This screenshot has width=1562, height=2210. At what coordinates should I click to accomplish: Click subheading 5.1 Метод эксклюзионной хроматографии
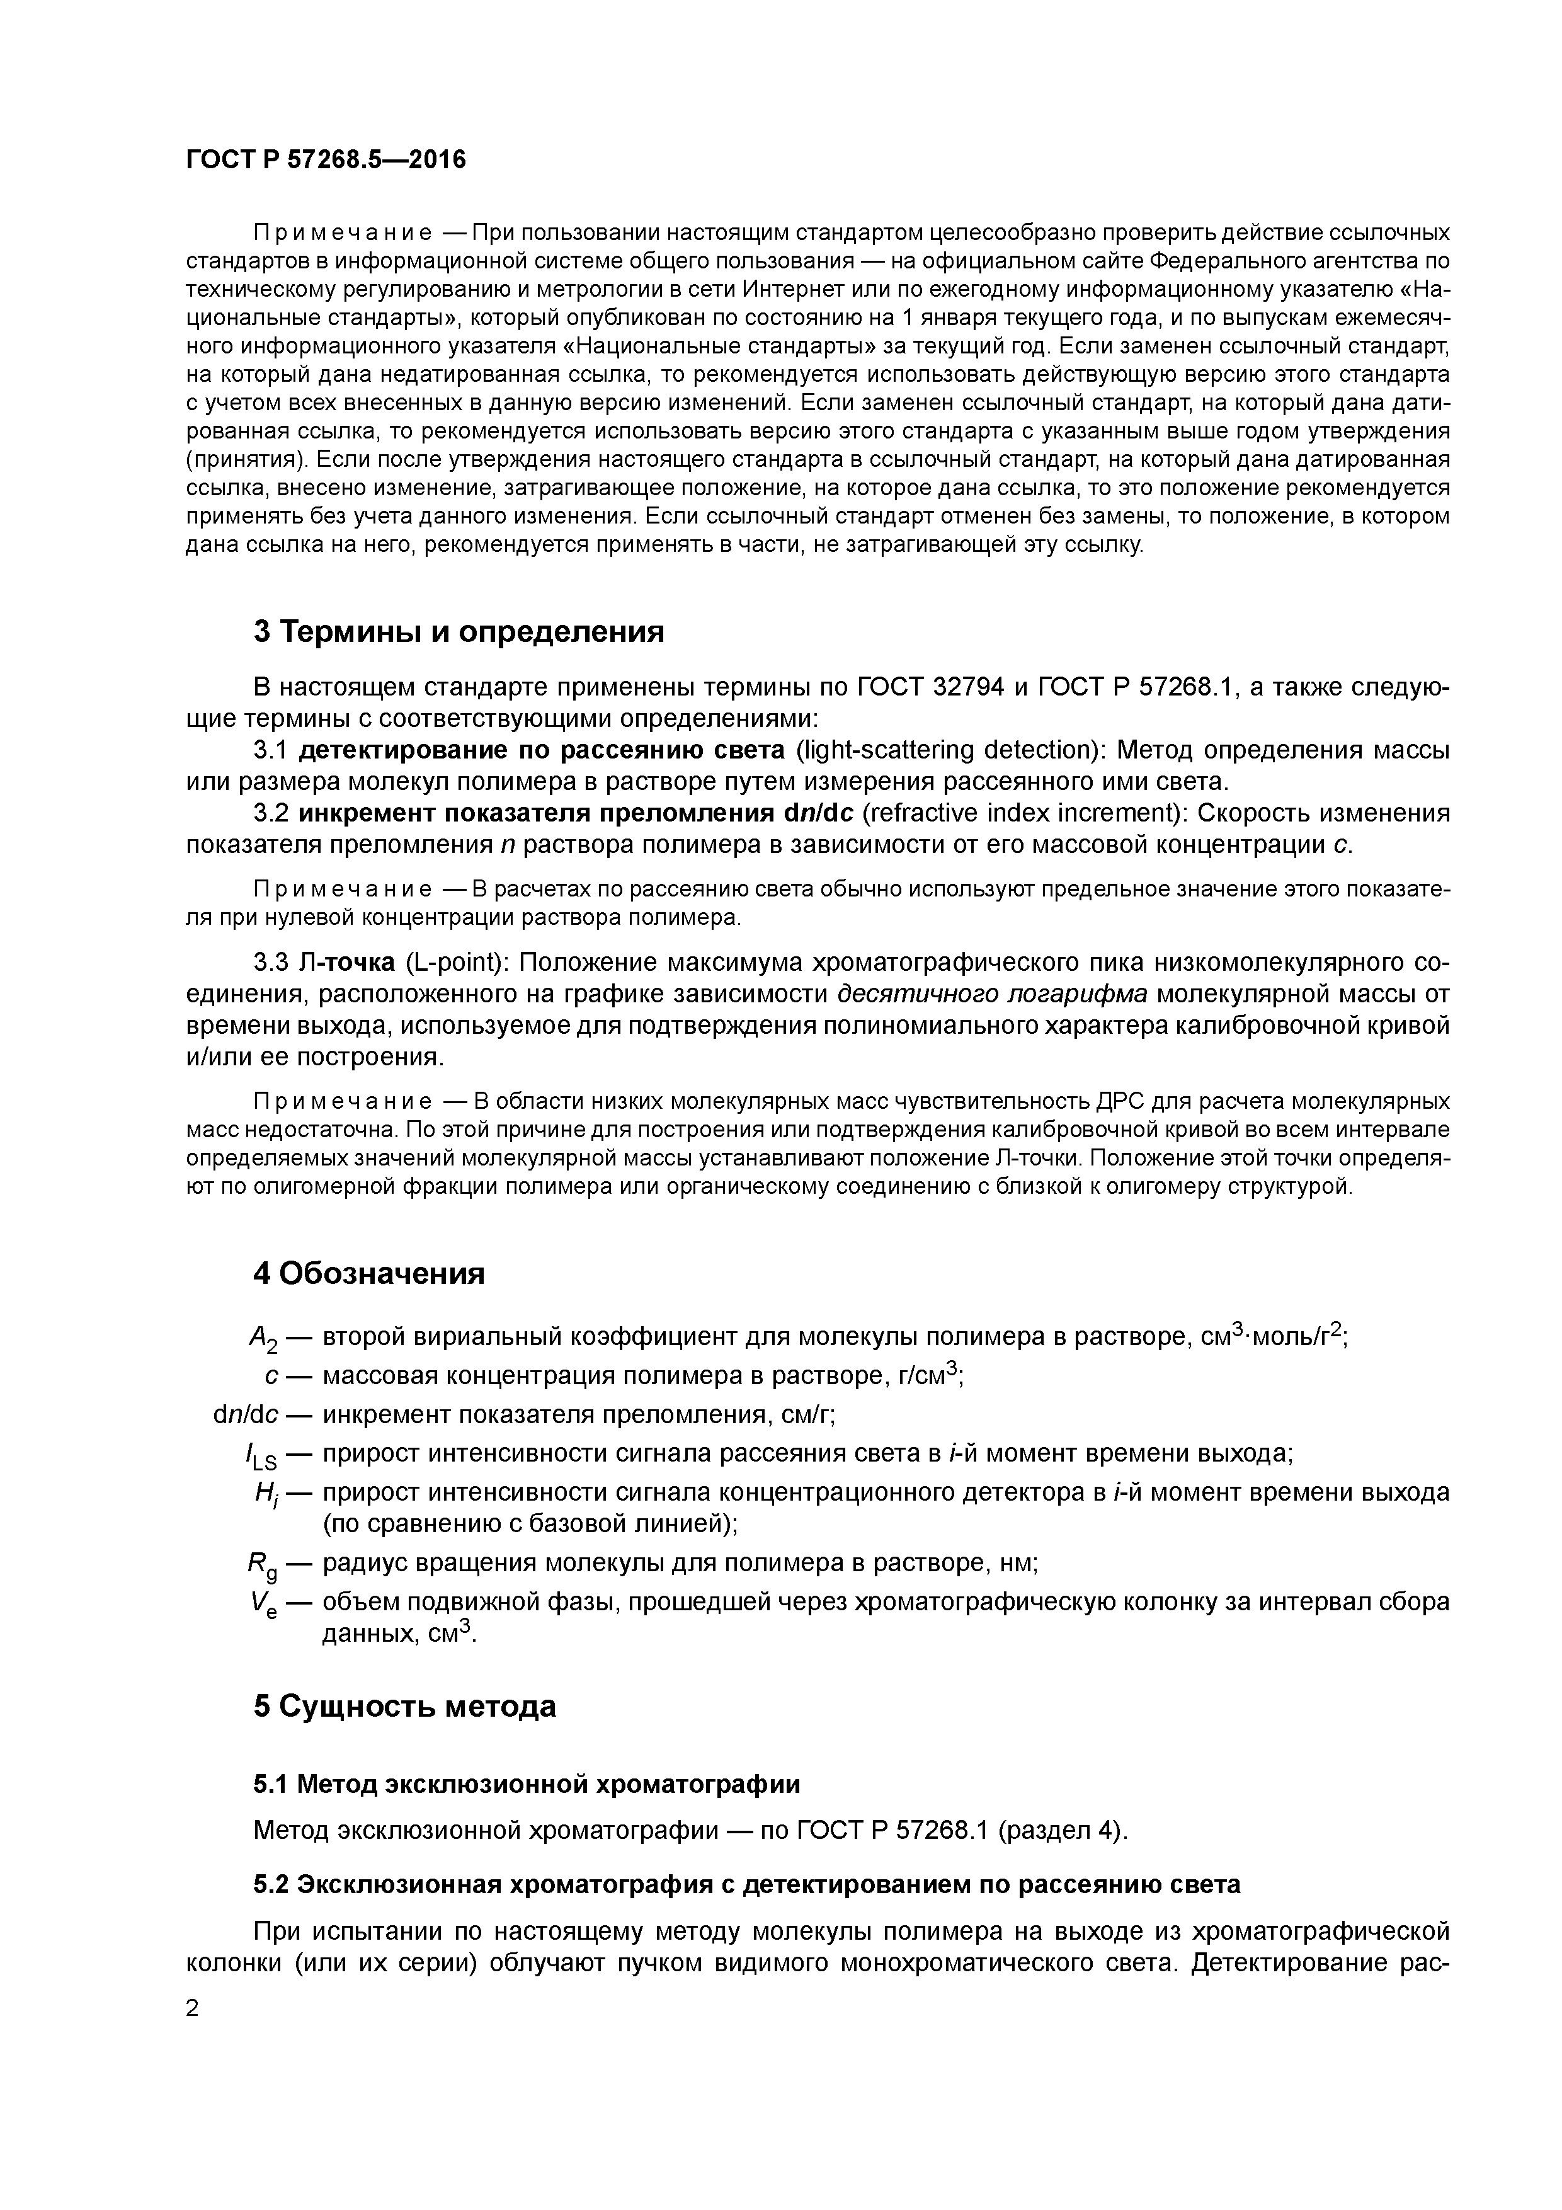pyautogui.click(x=527, y=1785)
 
